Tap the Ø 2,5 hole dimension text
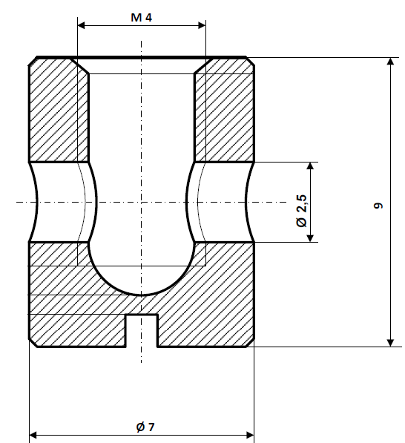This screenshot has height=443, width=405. tap(300, 212)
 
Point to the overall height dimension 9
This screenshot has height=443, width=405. tap(378, 206)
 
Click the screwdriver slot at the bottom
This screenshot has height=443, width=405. tap(142, 330)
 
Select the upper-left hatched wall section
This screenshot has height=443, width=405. tap(59, 111)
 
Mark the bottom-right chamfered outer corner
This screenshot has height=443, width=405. tap(251, 343)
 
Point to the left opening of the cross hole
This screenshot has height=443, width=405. tap(34, 202)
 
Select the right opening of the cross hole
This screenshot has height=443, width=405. tap(249, 202)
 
